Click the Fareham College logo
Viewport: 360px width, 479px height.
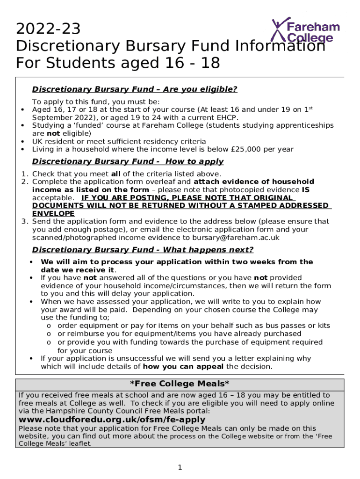(x=306, y=31)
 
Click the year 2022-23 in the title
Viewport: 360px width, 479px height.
(x=48, y=29)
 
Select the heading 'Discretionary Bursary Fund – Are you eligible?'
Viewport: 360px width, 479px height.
(x=135, y=89)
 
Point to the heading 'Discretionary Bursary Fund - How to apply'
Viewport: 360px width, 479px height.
(x=128, y=161)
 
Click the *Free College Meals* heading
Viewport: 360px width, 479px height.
(x=180, y=384)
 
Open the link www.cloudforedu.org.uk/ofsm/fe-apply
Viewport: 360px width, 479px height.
(x=112, y=419)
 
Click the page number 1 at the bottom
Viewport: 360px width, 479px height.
(x=180, y=467)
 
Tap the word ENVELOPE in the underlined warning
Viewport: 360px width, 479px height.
(x=53, y=213)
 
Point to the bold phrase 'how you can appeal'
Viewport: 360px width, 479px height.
(x=183, y=367)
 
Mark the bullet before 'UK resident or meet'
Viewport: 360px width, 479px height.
(x=22, y=141)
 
